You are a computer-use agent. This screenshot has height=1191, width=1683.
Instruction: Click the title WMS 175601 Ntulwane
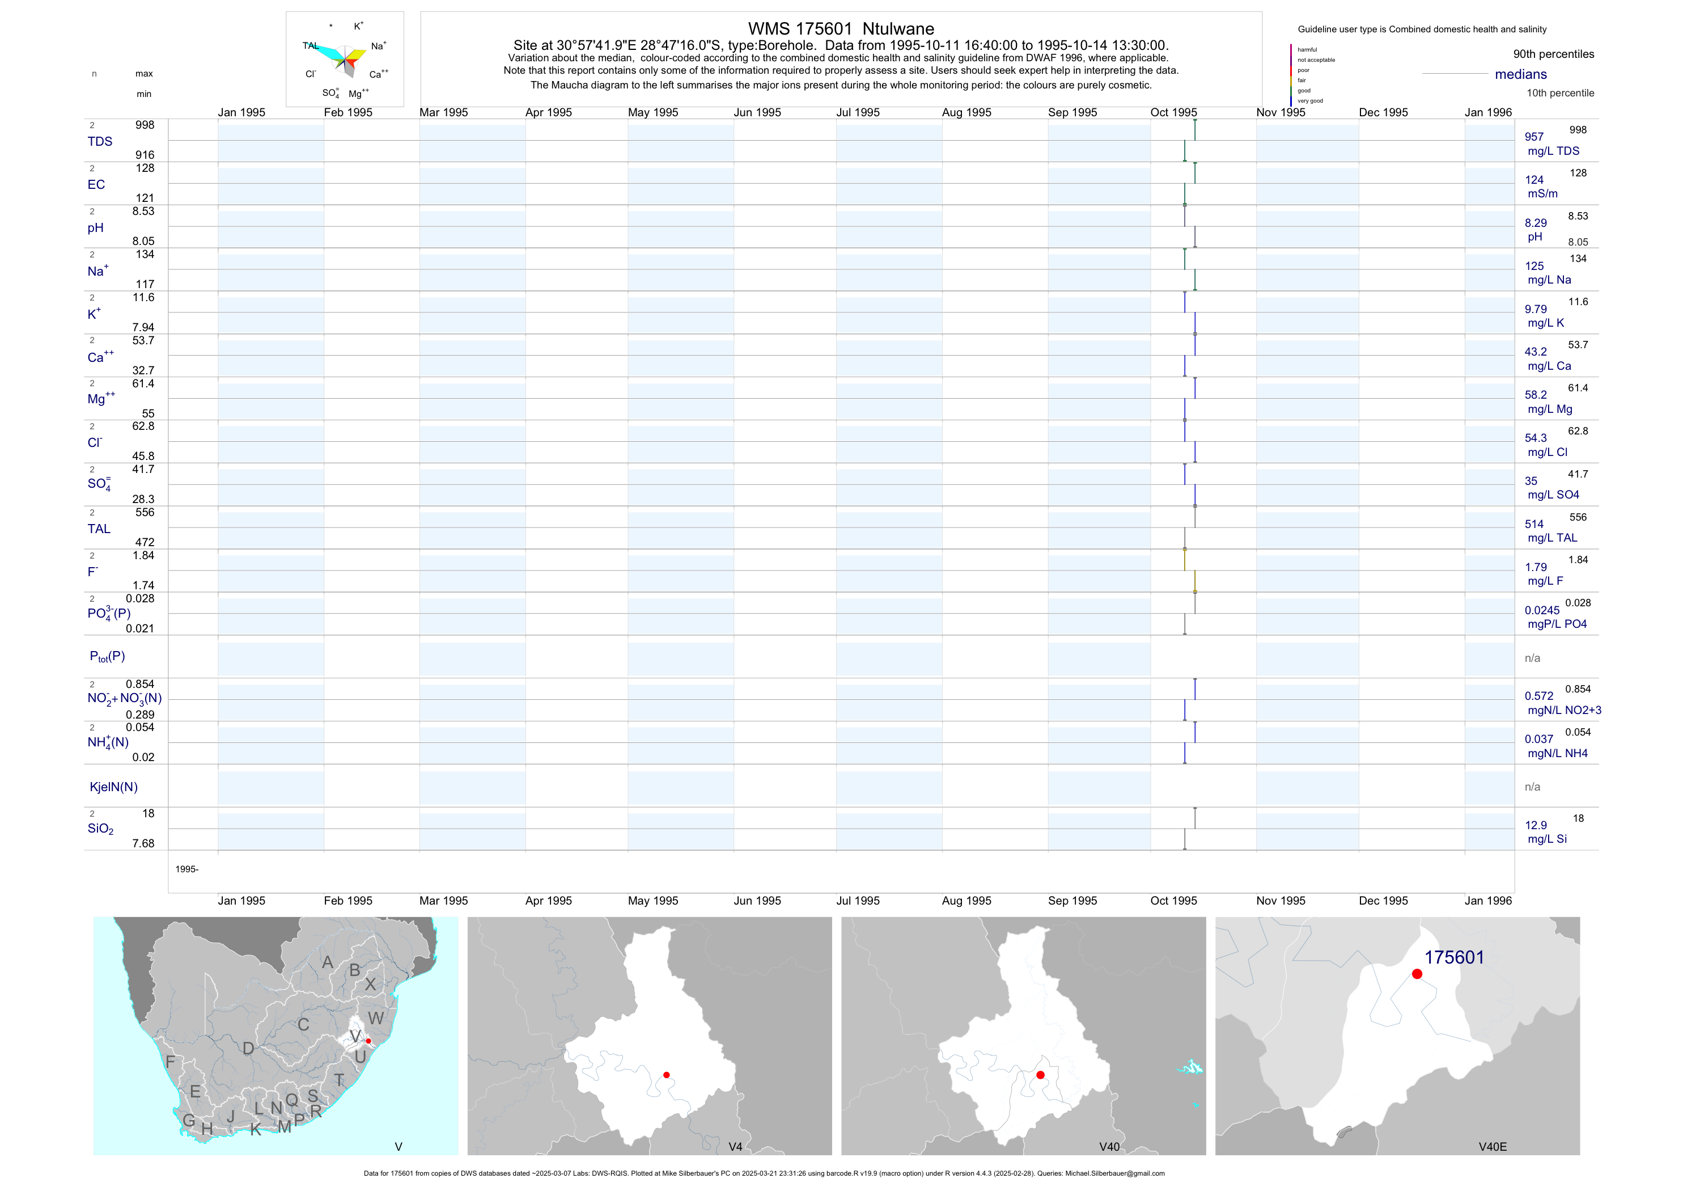click(x=841, y=28)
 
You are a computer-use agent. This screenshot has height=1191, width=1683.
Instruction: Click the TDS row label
click(x=100, y=142)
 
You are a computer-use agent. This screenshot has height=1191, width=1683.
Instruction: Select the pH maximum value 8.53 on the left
click(x=143, y=211)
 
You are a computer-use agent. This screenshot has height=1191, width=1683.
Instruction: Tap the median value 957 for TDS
click(x=1534, y=137)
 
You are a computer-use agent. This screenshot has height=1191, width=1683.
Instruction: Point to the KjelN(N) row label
click(x=113, y=787)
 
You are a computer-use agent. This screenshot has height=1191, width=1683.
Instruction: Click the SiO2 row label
click(x=100, y=829)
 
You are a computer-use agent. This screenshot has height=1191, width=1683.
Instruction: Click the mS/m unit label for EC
click(x=1543, y=193)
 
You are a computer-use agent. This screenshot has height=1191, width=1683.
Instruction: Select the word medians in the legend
click(x=1521, y=74)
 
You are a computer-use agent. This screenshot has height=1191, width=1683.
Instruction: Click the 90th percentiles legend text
click(x=1553, y=54)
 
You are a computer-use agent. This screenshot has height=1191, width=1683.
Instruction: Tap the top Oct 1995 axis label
click(x=1173, y=112)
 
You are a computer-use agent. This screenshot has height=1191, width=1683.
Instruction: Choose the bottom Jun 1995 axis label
click(x=757, y=901)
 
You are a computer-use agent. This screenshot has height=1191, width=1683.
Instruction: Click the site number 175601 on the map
click(x=1453, y=957)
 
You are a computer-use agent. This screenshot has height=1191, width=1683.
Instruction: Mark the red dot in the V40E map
click(x=1417, y=974)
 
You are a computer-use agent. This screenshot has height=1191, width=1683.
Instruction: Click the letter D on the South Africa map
click(x=248, y=1049)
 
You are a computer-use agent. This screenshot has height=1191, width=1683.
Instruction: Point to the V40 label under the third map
click(x=1109, y=1146)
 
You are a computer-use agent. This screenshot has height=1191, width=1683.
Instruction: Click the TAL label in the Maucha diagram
click(x=311, y=45)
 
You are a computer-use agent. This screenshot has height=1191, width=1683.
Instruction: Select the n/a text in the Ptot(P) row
click(x=1532, y=658)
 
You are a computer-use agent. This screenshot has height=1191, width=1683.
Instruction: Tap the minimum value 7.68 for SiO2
click(x=143, y=843)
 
